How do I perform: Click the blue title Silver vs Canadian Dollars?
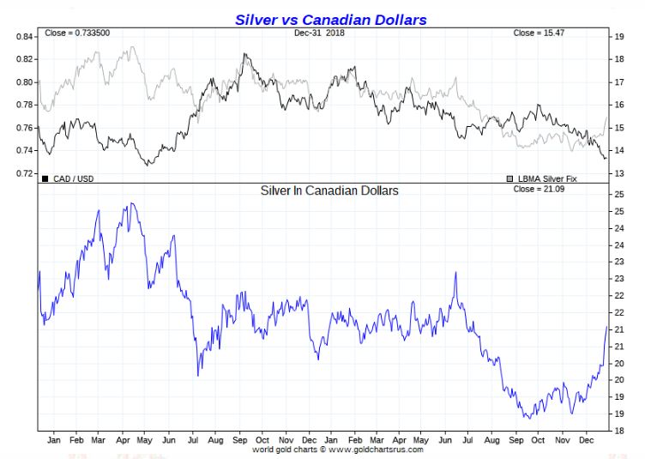point(330,19)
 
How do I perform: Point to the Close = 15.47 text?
point(540,33)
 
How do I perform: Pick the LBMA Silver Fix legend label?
point(550,178)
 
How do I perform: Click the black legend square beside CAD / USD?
point(45,178)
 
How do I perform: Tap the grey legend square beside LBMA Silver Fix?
point(509,178)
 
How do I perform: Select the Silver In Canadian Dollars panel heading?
point(329,190)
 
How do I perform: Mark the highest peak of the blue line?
point(130,203)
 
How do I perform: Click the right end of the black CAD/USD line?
point(606,158)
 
